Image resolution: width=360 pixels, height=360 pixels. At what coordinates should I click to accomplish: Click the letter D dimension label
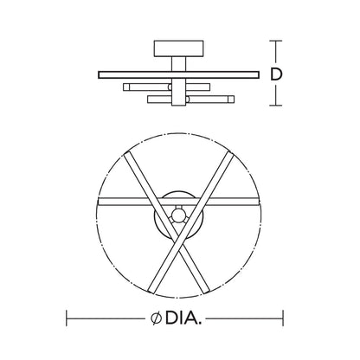click(276, 74)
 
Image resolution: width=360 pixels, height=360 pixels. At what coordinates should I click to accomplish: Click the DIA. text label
click(183, 318)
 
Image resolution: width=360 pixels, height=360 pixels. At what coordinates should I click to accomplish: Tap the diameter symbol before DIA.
click(156, 318)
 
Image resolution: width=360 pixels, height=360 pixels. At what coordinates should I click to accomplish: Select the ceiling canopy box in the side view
click(179, 48)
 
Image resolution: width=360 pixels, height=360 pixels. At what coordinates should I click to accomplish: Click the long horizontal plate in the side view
click(178, 74)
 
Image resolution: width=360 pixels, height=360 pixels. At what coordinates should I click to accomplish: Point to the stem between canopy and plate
click(179, 64)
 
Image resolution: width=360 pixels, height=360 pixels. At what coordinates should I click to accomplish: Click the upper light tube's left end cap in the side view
click(126, 87)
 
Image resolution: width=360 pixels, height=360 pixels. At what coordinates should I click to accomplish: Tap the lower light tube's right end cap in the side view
click(231, 100)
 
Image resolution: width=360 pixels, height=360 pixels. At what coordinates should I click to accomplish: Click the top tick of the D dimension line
click(276, 41)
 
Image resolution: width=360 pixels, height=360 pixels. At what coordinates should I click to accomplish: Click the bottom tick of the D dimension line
click(276, 106)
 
